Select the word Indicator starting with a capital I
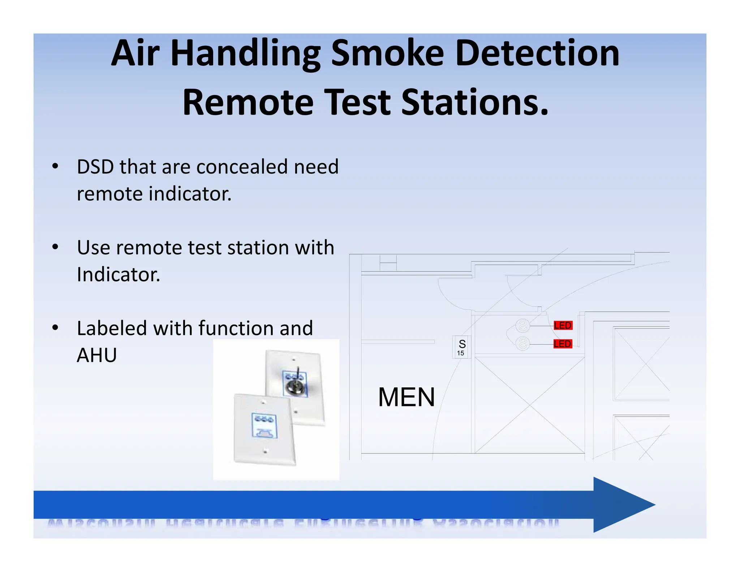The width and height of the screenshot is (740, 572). tap(118, 275)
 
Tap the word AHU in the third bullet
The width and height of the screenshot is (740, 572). tap(97, 355)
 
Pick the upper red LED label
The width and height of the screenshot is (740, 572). tap(563, 325)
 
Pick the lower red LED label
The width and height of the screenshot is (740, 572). tap(562, 344)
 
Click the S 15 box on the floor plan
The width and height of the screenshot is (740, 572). tap(461, 347)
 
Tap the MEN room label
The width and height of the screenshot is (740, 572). tap(406, 397)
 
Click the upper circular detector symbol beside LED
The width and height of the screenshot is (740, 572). tap(522, 325)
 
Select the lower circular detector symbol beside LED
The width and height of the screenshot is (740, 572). tap(522, 343)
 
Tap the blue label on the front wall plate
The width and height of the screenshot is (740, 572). tap(264, 426)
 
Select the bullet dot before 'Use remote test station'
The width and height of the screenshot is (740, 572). tap(55, 247)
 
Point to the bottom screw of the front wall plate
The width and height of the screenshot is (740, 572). tap(265, 451)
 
